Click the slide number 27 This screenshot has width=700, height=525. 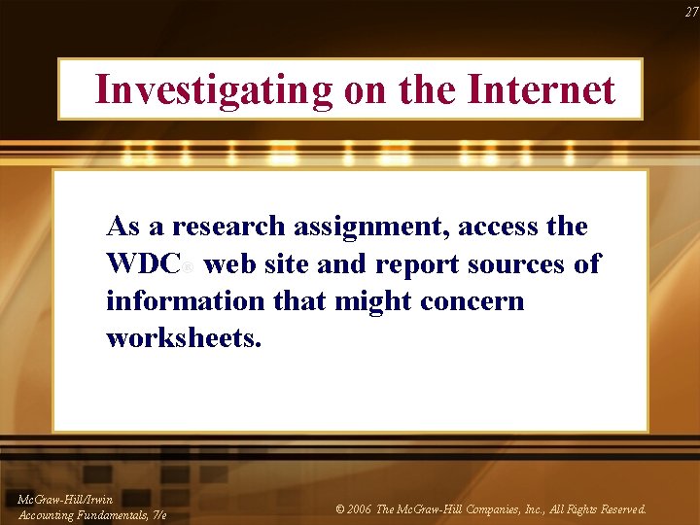click(x=690, y=12)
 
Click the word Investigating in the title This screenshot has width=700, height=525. click(x=214, y=89)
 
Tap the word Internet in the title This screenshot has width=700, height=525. click(x=542, y=89)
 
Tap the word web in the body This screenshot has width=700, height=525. click(x=228, y=264)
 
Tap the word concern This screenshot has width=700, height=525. click(x=472, y=301)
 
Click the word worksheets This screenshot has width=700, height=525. click(x=184, y=339)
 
